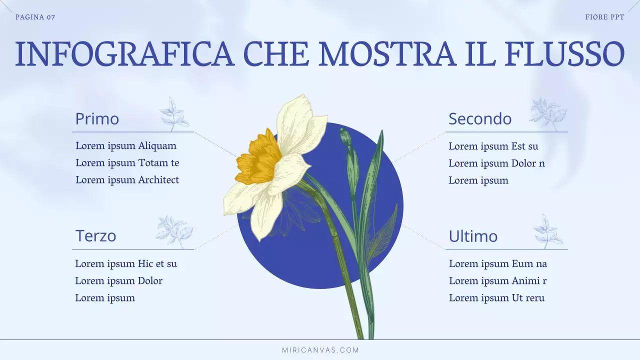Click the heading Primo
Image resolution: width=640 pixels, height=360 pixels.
pyautogui.click(x=97, y=119)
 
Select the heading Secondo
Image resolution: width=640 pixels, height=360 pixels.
pyautogui.click(x=480, y=119)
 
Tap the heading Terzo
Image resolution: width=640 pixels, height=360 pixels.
pyautogui.click(x=95, y=235)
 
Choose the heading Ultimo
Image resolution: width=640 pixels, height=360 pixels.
pyautogui.click(x=473, y=236)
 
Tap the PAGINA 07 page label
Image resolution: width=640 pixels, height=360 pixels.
pyautogui.click(x=35, y=17)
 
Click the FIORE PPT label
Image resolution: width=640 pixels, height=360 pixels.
pyautogui.click(x=604, y=17)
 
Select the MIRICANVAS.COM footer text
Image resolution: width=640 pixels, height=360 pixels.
pyautogui.click(x=320, y=350)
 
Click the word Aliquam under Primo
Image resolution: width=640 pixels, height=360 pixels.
pyautogui.click(x=157, y=146)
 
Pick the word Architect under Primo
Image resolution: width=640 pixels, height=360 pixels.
pyautogui.click(x=158, y=180)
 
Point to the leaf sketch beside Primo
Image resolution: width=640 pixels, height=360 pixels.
pyautogui.click(x=173, y=114)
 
